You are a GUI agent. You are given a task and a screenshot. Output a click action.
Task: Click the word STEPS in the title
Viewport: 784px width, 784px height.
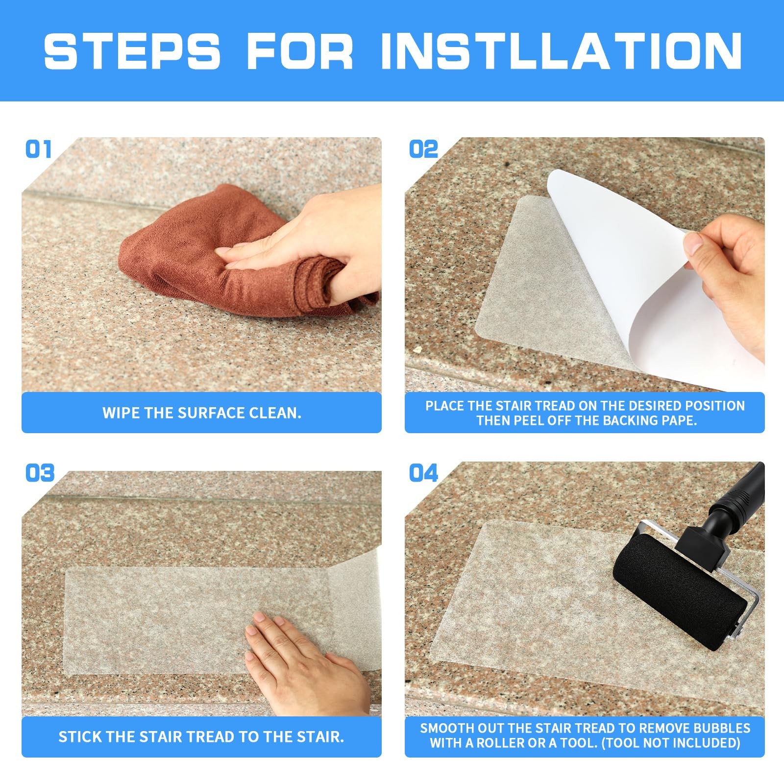coord(132,50)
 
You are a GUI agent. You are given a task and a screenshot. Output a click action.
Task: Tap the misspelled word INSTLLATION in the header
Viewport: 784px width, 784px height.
coord(561,50)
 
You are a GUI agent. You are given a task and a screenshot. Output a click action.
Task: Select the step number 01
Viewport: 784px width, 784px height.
coord(38,149)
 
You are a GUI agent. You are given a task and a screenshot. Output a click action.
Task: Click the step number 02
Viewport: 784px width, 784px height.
coord(423,149)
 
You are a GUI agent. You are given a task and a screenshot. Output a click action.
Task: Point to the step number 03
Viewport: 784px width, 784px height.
coord(40,473)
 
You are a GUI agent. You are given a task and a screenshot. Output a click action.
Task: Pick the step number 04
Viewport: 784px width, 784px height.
coord(423,473)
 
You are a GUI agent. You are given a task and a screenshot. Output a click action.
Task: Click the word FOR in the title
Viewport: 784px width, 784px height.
coord(299,50)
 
